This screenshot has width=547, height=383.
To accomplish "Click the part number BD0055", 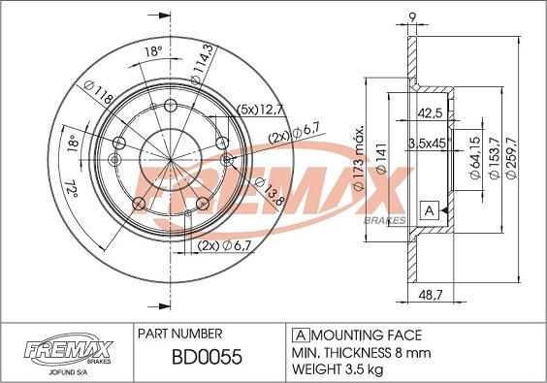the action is coord(207,357).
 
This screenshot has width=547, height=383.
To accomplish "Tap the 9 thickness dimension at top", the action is coord(412,17).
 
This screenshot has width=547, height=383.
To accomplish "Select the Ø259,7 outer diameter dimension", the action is coord(512,158).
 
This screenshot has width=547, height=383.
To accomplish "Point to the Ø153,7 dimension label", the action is coord(495,158).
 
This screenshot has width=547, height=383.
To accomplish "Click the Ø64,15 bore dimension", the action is coord(475,158).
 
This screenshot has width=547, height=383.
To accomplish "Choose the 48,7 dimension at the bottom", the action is coord(431,296).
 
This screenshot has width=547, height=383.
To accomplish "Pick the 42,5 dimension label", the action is coord(430,113).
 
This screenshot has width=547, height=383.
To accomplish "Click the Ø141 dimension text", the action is coord(382,158).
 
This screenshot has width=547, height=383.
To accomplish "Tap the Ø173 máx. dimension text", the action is coord(359,157).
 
